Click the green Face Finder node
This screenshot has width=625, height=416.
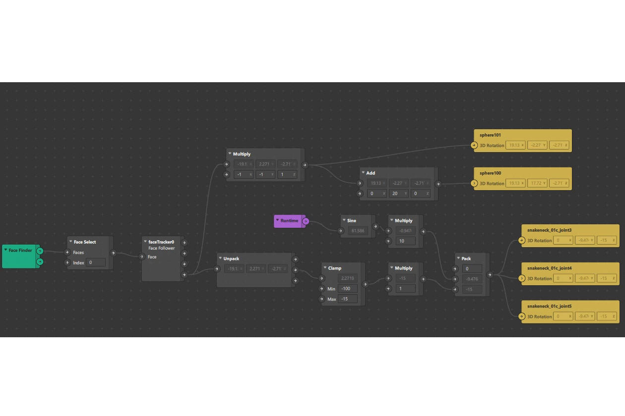click(20, 251)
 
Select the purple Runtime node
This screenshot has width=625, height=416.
click(289, 221)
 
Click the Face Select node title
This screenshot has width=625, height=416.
click(85, 242)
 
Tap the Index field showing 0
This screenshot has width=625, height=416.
click(95, 262)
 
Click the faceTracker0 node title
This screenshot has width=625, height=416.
click(161, 242)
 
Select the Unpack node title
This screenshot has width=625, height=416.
click(231, 259)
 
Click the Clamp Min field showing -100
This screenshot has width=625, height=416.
click(347, 289)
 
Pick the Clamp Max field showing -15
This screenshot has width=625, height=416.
click(347, 299)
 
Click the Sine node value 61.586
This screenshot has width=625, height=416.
click(357, 231)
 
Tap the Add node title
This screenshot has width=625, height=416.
click(371, 173)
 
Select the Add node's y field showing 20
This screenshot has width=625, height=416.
click(399, 194)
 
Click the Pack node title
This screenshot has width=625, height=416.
click(466, 259)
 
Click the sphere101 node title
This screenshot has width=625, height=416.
click(490, 135)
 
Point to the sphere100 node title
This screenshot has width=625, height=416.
click(490, 173)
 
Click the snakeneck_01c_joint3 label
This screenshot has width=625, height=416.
click(549, 230)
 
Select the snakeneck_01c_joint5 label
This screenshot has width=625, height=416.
click(549, 307)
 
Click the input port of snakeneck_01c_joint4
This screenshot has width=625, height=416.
click(521, 278)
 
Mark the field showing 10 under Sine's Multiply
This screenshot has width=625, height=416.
click(405, 241)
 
